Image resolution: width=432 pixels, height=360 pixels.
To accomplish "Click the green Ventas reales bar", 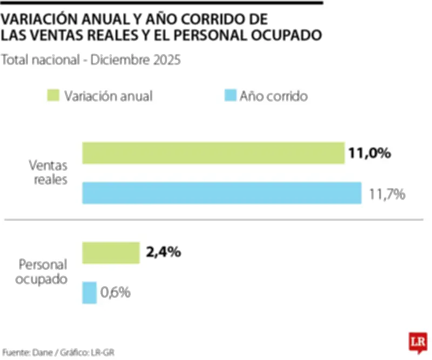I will coord(213,153).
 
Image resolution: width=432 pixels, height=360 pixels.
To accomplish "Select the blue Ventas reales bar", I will coord(221,193).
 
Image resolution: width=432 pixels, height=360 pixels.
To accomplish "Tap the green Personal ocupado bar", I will coord(111,252).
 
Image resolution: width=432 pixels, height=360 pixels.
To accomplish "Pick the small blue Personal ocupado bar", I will coord(89,292).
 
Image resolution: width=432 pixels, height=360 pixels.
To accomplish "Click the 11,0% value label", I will coord(369,154).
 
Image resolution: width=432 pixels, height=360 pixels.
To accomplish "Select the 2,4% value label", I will coord(163,252).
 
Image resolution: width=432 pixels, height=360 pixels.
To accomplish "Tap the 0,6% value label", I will coord(116,292).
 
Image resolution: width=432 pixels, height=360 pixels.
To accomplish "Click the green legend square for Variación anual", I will coord(53,96).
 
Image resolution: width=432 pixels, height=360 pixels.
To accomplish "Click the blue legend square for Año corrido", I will coord(230,96).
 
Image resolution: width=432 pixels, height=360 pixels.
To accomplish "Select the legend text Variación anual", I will coord(108,96).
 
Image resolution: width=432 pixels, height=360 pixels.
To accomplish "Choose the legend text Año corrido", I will coord(274,96).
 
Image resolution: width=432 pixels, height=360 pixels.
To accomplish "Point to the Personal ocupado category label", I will coord(43,272).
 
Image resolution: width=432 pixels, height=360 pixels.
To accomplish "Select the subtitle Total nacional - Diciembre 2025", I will coord(91,59).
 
